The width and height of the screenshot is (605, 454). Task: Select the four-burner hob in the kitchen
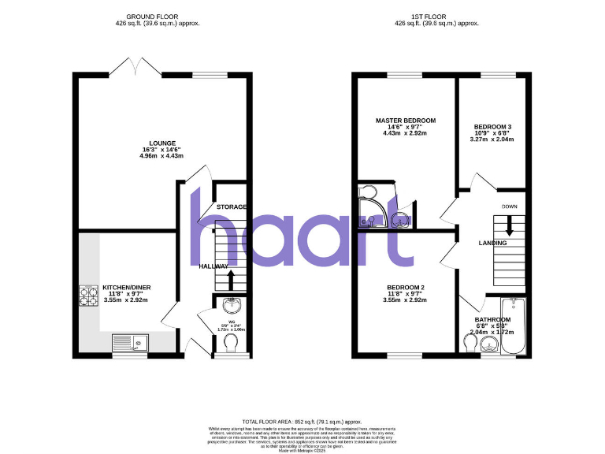[x=87, y=294]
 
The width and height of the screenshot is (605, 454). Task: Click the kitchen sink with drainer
[x=130, y=342]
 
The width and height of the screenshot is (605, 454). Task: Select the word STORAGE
[x=232, y=207]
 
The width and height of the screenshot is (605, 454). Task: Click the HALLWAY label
[x=213, y=266]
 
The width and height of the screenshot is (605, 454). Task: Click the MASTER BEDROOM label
[x=405, y=121]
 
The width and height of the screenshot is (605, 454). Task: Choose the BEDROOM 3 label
[x=492, y=127]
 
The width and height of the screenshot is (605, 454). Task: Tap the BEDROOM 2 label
[x=405, y=288]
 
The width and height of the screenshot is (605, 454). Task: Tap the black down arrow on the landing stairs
[x=510, y=226]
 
